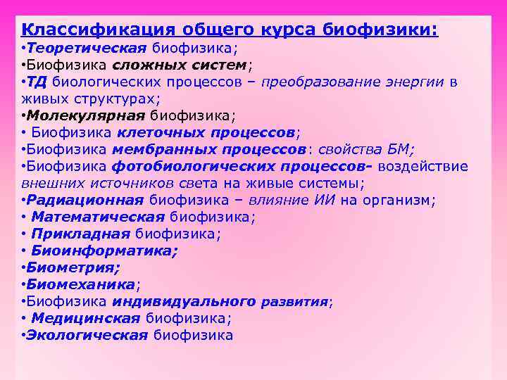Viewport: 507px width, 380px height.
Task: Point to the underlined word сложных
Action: coord(147,65)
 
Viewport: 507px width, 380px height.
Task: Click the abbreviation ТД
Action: coord(37,82)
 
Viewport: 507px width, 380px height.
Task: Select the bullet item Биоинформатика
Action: coord(104,251)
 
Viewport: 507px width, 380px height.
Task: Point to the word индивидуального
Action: coord(183,301)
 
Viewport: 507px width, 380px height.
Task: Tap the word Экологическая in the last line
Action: coord(87,335)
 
